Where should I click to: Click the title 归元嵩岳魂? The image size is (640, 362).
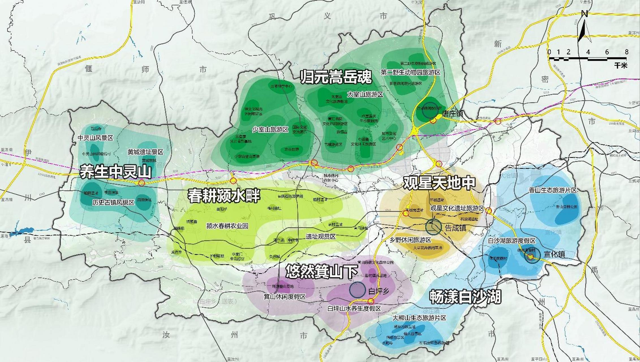tap(336, 77)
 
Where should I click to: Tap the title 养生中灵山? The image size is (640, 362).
tap(115, 172)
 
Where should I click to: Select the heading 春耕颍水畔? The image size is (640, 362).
tap(224, 196)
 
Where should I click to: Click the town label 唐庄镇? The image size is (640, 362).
tap(452, 113)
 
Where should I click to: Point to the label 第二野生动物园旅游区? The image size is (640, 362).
tap(411, 72)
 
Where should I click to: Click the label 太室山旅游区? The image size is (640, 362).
tap(365, 94)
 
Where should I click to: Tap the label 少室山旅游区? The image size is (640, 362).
tap(270, 130)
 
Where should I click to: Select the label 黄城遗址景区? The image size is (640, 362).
tap(145, 152)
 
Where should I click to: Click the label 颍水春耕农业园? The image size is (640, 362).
tap(227, 226)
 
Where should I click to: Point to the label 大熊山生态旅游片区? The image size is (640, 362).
tap(419, 318)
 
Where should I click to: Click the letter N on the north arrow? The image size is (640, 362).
tap(585, 14)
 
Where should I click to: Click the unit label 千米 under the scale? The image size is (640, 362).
tap(621, 66)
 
